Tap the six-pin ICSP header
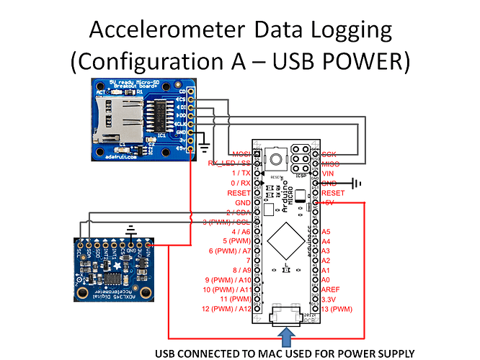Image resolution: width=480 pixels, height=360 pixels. (302, 158)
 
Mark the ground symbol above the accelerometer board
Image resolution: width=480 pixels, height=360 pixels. (130, 232)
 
